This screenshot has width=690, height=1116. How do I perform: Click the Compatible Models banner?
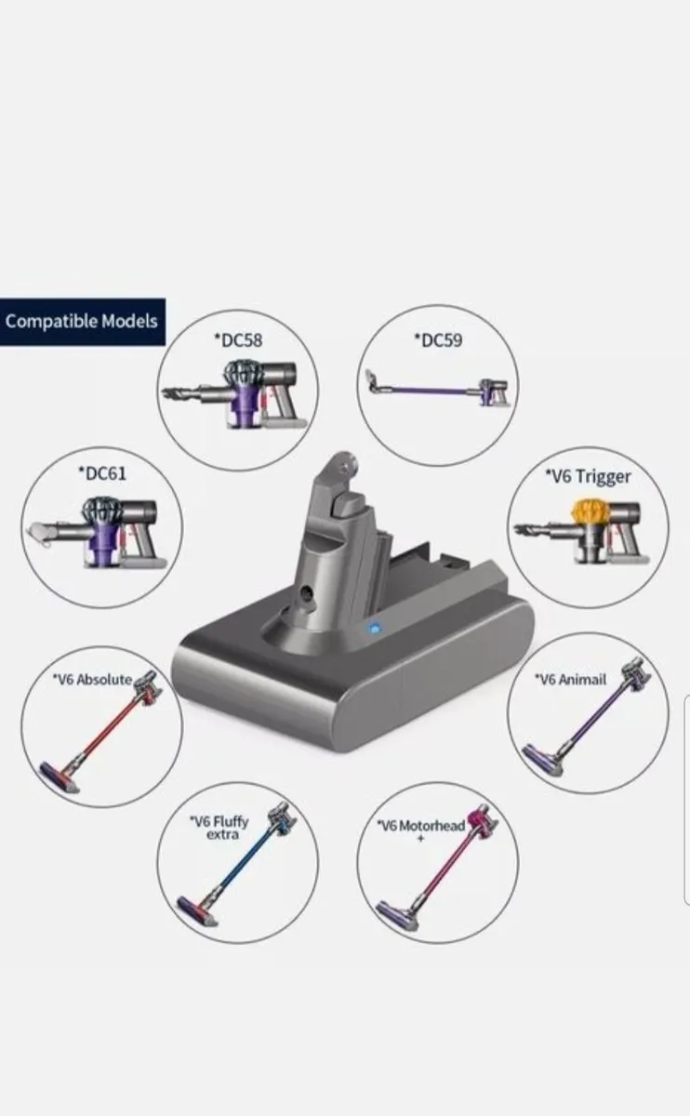click(82, 322)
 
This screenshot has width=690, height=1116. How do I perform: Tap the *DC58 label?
click(237, 339)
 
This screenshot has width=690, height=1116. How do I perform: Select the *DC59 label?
click(437, 339)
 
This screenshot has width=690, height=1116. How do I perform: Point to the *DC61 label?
click(101, 473)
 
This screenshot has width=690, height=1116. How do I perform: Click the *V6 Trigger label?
click(588, 476)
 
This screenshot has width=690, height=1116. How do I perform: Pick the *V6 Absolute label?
click(91, 679)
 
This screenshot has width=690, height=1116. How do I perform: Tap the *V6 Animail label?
click(570, 679)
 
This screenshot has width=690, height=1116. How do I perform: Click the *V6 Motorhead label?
click(420, 826)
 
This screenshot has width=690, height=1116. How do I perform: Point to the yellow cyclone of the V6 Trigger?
click(586, 512)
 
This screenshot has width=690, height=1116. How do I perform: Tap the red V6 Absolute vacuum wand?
click(102, 735)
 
